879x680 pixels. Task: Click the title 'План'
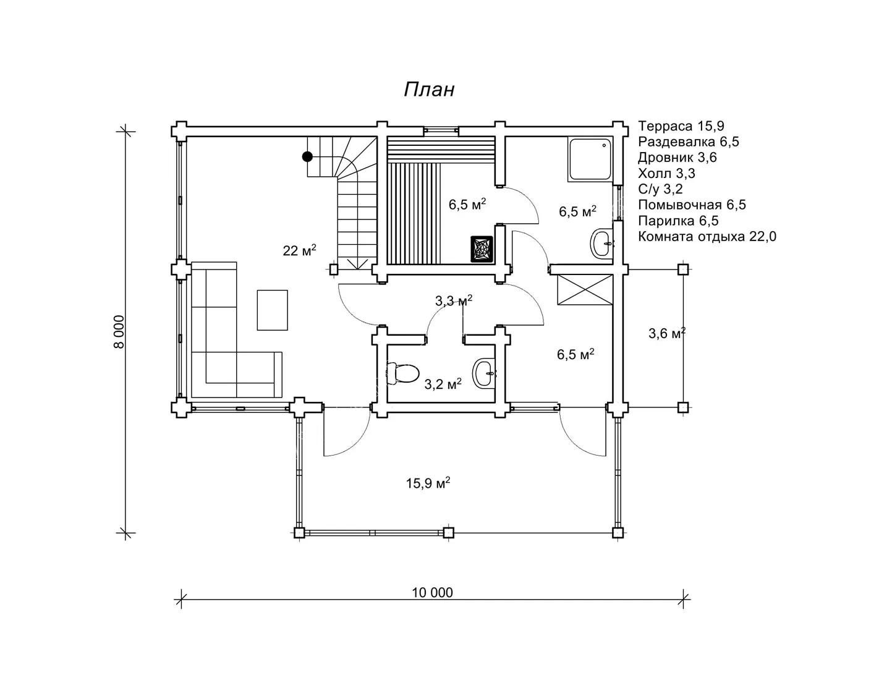coord(429,90)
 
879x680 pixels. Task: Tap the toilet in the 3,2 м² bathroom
coord(402,373)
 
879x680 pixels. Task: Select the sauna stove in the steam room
coord(482,249)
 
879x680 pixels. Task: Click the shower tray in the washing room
coord(589,159)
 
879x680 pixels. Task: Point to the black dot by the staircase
coord(307,156)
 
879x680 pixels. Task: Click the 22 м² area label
coord(299,250)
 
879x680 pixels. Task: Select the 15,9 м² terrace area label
coord(428,483)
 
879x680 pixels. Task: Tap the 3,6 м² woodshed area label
coord(667,333)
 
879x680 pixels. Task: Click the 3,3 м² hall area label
coord(454,300)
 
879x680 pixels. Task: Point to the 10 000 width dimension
coord(432,593)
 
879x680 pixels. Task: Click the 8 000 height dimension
coord(119,332)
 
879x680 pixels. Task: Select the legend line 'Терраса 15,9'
coord(681,126)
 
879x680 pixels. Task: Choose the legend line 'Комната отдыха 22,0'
coord(707,236)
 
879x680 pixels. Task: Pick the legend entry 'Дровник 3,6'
coord(677,158)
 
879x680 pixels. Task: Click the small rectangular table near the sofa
coord(272,310)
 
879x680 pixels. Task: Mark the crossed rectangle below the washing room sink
coord(585,290)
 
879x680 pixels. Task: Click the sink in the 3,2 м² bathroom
coord(484,373)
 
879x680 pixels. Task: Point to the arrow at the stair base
coord(357,263)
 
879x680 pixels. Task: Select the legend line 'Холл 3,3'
coord(666,173)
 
